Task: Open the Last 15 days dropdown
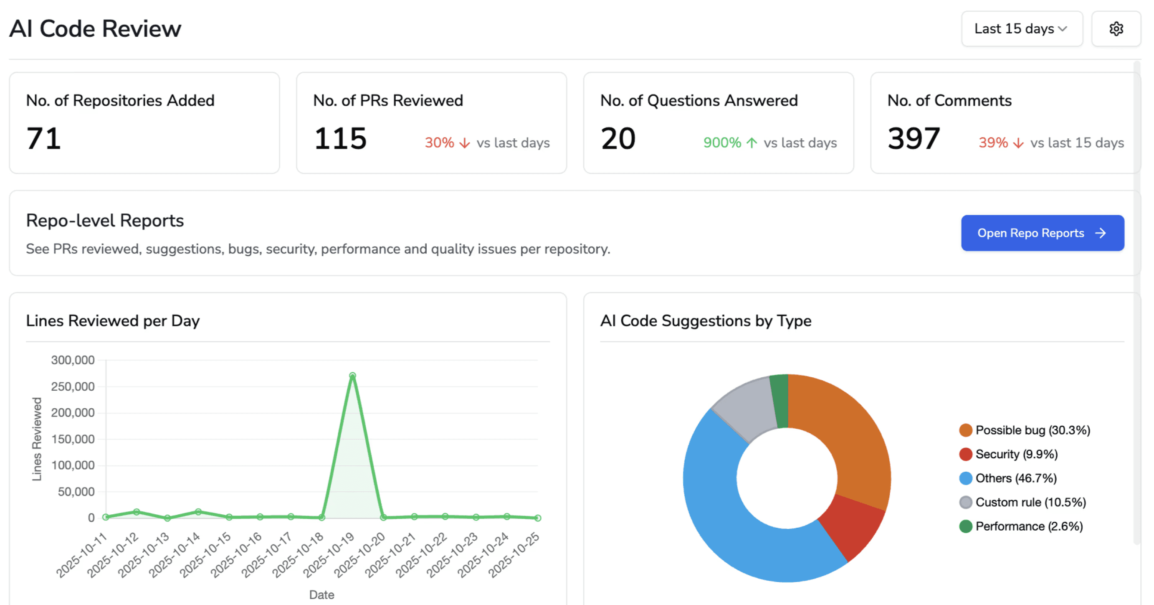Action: click(x=1021, y=29)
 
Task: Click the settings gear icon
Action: click(x=1116, y=29)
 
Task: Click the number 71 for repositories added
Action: click(x=43, y=138)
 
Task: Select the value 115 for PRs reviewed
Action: click(x=340, y=138)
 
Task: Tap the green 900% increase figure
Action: click(x=722, y=142)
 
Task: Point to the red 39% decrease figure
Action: click(x=993, y=142)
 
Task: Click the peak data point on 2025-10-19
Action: click(x=352, y=376)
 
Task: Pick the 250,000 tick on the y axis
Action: click(x=73, y=386)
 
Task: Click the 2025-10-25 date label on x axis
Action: click(x=514, y=554)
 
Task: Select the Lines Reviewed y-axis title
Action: click(x=37, y=439)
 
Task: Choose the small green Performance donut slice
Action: click(x=780, y=400)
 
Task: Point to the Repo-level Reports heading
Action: click(x=105, y=221)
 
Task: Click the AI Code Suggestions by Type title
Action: click(x=705, y=321)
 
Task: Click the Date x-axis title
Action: click(x=321, y=595)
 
